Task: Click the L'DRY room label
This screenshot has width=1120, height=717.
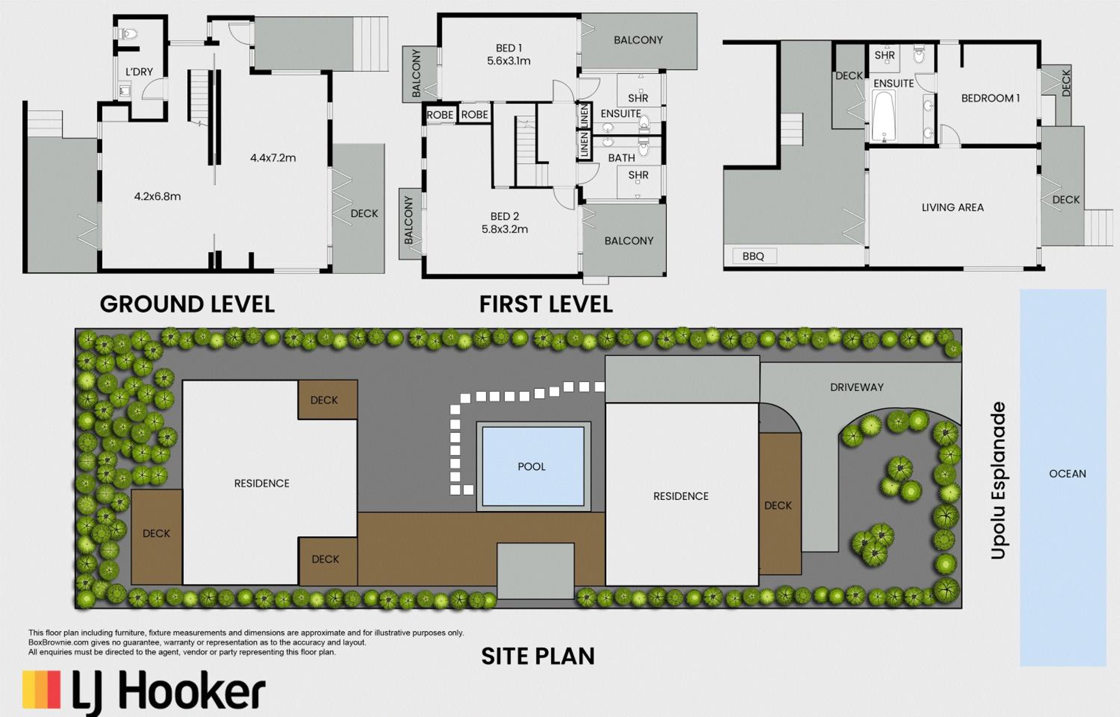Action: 139,72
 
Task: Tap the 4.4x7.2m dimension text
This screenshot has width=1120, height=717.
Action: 273,158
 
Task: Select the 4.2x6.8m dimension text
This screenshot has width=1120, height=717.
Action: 158,197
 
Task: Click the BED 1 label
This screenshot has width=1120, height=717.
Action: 509,48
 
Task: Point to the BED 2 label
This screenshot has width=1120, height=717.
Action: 504,216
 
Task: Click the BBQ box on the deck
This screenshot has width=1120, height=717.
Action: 753,256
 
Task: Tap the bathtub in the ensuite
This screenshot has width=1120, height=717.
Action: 883,116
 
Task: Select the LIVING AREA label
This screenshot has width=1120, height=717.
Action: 953,208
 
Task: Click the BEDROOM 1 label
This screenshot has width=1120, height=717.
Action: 990,98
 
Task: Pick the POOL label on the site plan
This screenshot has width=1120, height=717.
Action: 532,467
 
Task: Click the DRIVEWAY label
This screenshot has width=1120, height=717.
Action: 857,387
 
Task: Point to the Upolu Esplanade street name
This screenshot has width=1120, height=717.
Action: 998,480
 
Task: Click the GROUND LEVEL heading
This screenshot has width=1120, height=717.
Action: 187,304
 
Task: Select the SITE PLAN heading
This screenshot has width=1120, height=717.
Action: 538,657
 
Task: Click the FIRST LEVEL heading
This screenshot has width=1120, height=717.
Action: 546,304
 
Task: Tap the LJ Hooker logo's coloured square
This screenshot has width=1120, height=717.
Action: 41,689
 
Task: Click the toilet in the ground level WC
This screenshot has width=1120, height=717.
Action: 128,34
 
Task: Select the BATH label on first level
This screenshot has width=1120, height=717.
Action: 622,158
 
